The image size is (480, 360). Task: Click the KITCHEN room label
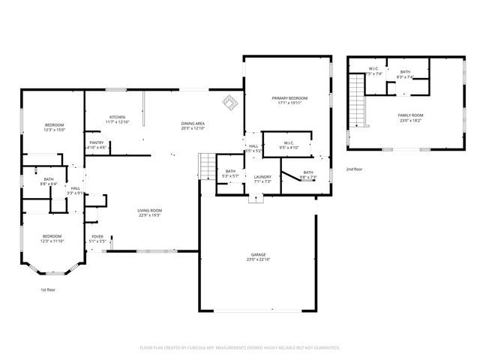click(117, 117)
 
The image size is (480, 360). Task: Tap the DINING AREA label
click(193, 124)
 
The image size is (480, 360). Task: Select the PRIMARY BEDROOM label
click(289, 98)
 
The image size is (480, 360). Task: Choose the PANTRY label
click(97, 142)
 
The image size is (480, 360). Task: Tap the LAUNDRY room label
click(262, 177)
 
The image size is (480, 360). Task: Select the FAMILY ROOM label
click(410, 115)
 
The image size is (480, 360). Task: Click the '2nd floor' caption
click(355, 169)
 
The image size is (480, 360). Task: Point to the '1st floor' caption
click(48, 289)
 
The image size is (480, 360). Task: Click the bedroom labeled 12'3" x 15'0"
click(54, 124)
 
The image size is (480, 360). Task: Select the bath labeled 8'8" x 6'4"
click(48, 179)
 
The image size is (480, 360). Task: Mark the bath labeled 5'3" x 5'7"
click(230, 172)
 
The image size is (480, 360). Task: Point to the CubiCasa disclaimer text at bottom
click(240, 347)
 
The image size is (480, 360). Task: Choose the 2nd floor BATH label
click(405, 72)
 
